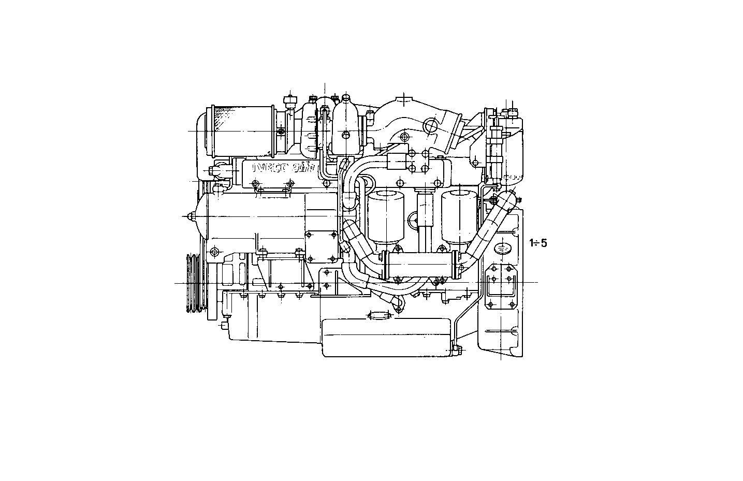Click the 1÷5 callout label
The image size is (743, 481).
coord(538,242)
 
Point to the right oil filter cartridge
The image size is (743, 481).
coord(459,216)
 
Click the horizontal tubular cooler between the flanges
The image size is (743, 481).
coord(419,265)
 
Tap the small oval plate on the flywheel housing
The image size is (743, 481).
coord(502,248)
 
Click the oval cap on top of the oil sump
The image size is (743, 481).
coord(380,315)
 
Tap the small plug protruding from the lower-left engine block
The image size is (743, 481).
coord(223,325)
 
